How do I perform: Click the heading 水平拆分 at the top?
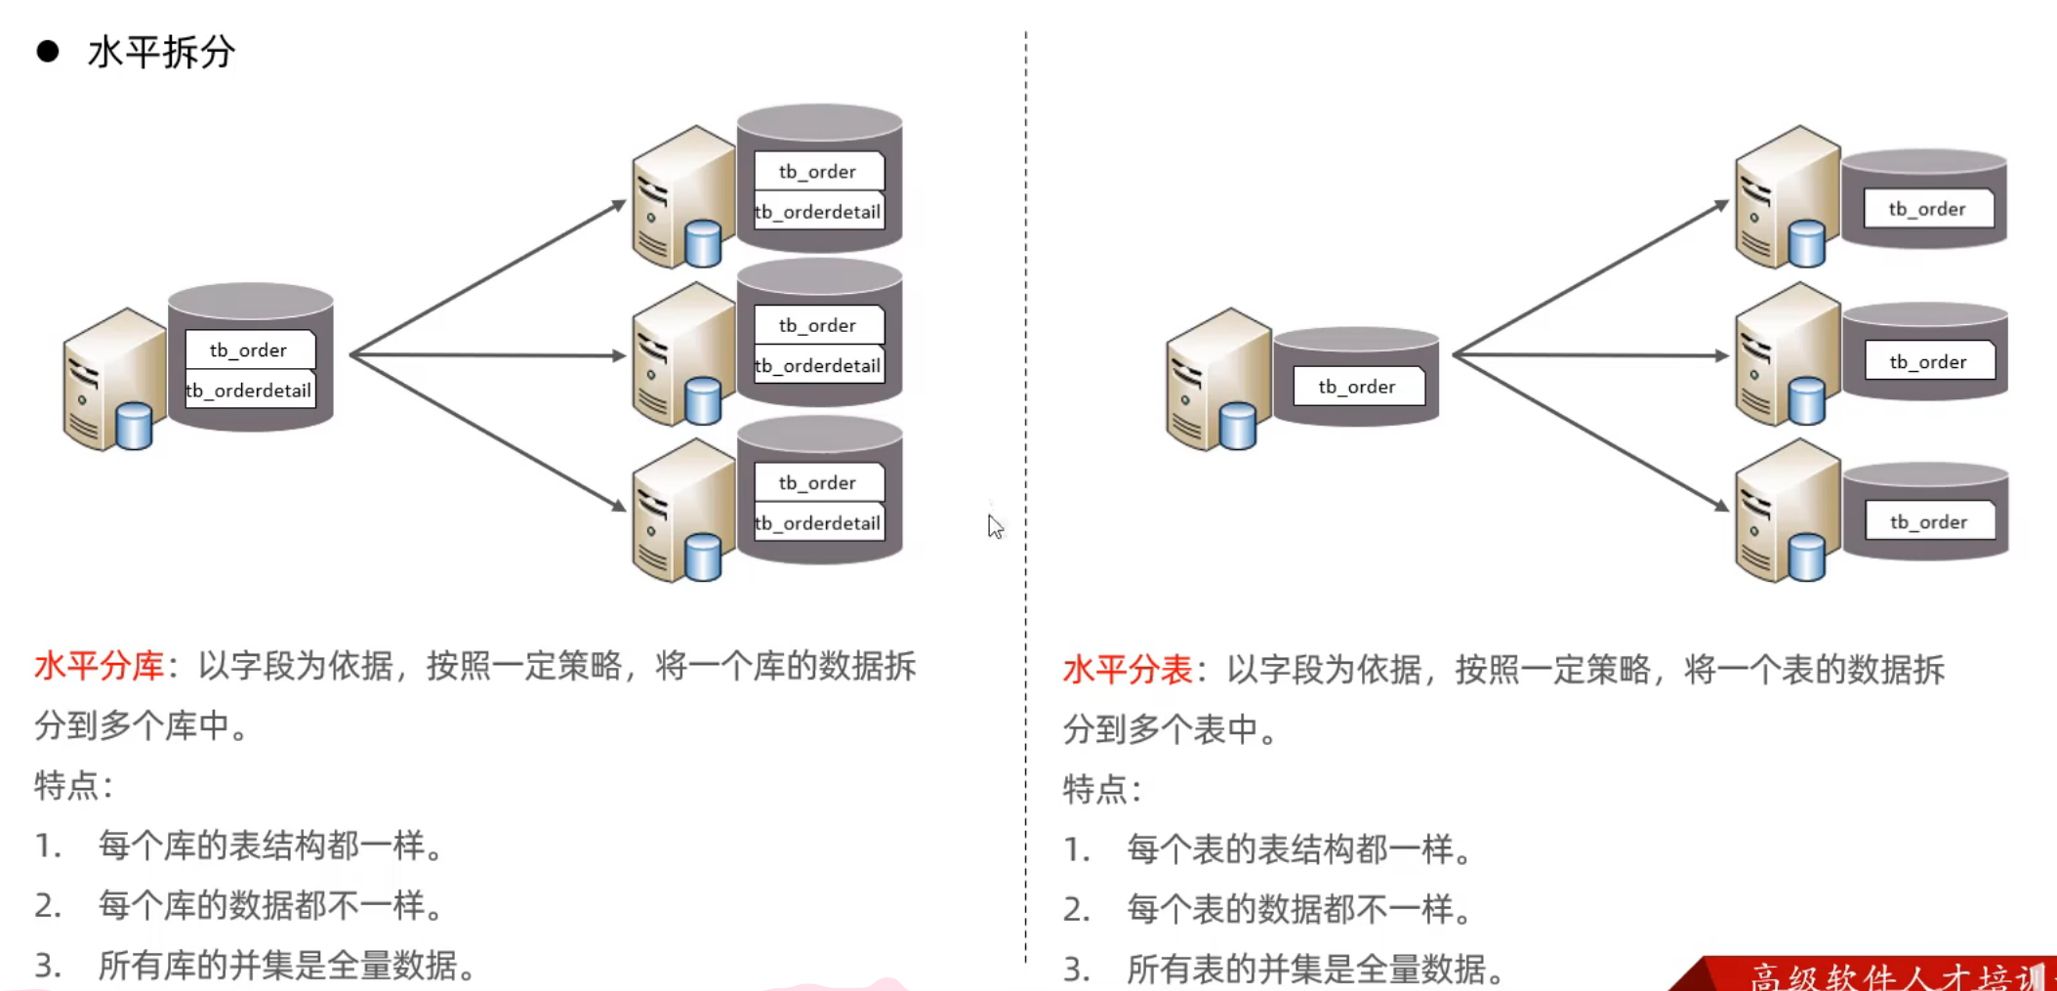click(x=161, y=52)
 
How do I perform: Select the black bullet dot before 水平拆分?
click(x=47, y=52)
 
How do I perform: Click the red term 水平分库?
click(x=99, y=667)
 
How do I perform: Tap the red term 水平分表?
click(x=1127, y=671)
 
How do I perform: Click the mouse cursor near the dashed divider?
click(x=994, y=525)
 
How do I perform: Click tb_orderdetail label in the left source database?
click(x=250, y=391)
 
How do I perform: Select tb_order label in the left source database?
click(x=248, y=350)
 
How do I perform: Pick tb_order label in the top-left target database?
click(x=817, y=172)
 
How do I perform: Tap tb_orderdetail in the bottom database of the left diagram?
click(x=818, y=523)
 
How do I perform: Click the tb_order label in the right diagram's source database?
click(x=1356, y=387)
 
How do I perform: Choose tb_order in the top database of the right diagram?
click(x=1926, y=209)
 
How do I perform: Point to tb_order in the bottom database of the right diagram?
click(x=1928, y=522)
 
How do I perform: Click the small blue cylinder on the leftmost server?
click(x=134, y=426)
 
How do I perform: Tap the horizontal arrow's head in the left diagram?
click(x=617, y=355)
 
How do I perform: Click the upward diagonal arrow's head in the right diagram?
click(x=1720, y=205)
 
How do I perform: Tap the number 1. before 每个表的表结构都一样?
click(x=1077, y=849)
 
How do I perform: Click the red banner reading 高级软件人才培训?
click(x=1884, y=974)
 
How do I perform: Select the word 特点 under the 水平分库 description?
click(x=66, y=785)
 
